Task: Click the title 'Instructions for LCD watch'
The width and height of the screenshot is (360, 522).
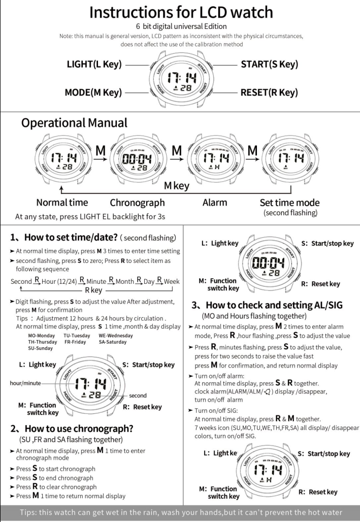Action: coord(180,13)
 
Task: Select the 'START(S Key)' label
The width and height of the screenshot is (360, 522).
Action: coord(269,64)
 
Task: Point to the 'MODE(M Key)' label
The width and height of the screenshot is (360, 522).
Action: coord(94,92)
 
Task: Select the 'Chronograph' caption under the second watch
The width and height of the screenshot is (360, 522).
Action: coord(137,203)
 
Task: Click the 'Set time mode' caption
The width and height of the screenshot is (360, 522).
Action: coord(287,203)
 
